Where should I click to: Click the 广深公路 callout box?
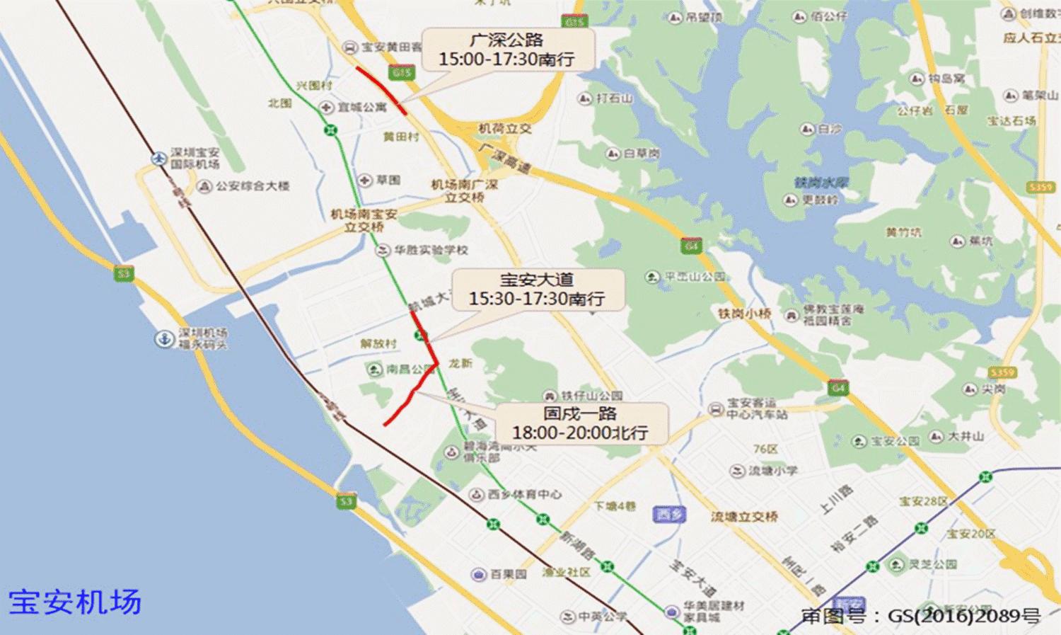(507, 50)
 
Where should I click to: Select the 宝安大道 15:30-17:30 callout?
(538, 290)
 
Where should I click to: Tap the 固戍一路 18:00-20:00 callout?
(580, 423)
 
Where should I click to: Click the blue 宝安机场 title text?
(75, 602)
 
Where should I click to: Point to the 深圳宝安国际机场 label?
(195, 158)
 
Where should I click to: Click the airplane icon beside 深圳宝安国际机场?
(159, 159)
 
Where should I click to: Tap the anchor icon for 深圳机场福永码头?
(164, 338)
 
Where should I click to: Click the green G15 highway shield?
(401, 72)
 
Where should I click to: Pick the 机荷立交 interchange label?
(504, 129)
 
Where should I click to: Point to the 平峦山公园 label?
(695, 277)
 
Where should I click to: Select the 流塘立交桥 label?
(744, 517)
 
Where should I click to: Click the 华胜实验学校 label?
(431, 250)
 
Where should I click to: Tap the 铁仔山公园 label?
(591, 396)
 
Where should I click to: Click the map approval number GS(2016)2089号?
(920, 616)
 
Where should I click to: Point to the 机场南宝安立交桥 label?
(364, 220)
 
